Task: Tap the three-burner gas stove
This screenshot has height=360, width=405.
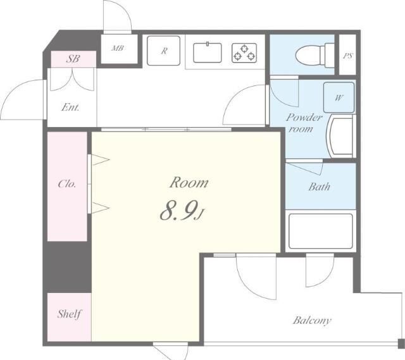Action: pyautogui.click(x=244, y=53)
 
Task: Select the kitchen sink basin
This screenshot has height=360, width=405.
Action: pyautogui.click(x=208, y=53)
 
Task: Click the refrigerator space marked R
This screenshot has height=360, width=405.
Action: pyautogui.click(x=163, y=51)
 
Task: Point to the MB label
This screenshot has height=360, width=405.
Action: pyautogui.click(x=118, y=48)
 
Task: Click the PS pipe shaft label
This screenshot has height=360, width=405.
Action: pyautogui.click(x=348, y=56)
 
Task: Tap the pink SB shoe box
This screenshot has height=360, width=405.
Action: pyautogui.click(x=73, y=59)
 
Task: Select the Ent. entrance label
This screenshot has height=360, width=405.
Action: pyautogui.click(x=70, y=107)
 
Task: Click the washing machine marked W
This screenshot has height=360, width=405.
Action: pyautogui.click(x=339, y=97)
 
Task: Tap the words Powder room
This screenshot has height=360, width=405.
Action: pyautogui.click(x=304, y=123)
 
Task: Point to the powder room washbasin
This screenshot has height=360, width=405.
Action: pyautogui.click(x=340, y=136)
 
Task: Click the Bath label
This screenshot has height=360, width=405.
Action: pyautogui.click(x=319, y=187)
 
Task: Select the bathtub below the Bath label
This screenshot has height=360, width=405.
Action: pyautogui.click(x=321, y=231)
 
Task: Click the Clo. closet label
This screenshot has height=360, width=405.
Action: pyautogui.click(x=67, y=184)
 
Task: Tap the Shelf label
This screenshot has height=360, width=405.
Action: pyautogui.click(x=69, y=314)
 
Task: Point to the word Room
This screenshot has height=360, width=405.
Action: pyautogui.click(x=189, y=182)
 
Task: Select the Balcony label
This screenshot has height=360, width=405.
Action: pyautogui.click(x=312, y=321)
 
